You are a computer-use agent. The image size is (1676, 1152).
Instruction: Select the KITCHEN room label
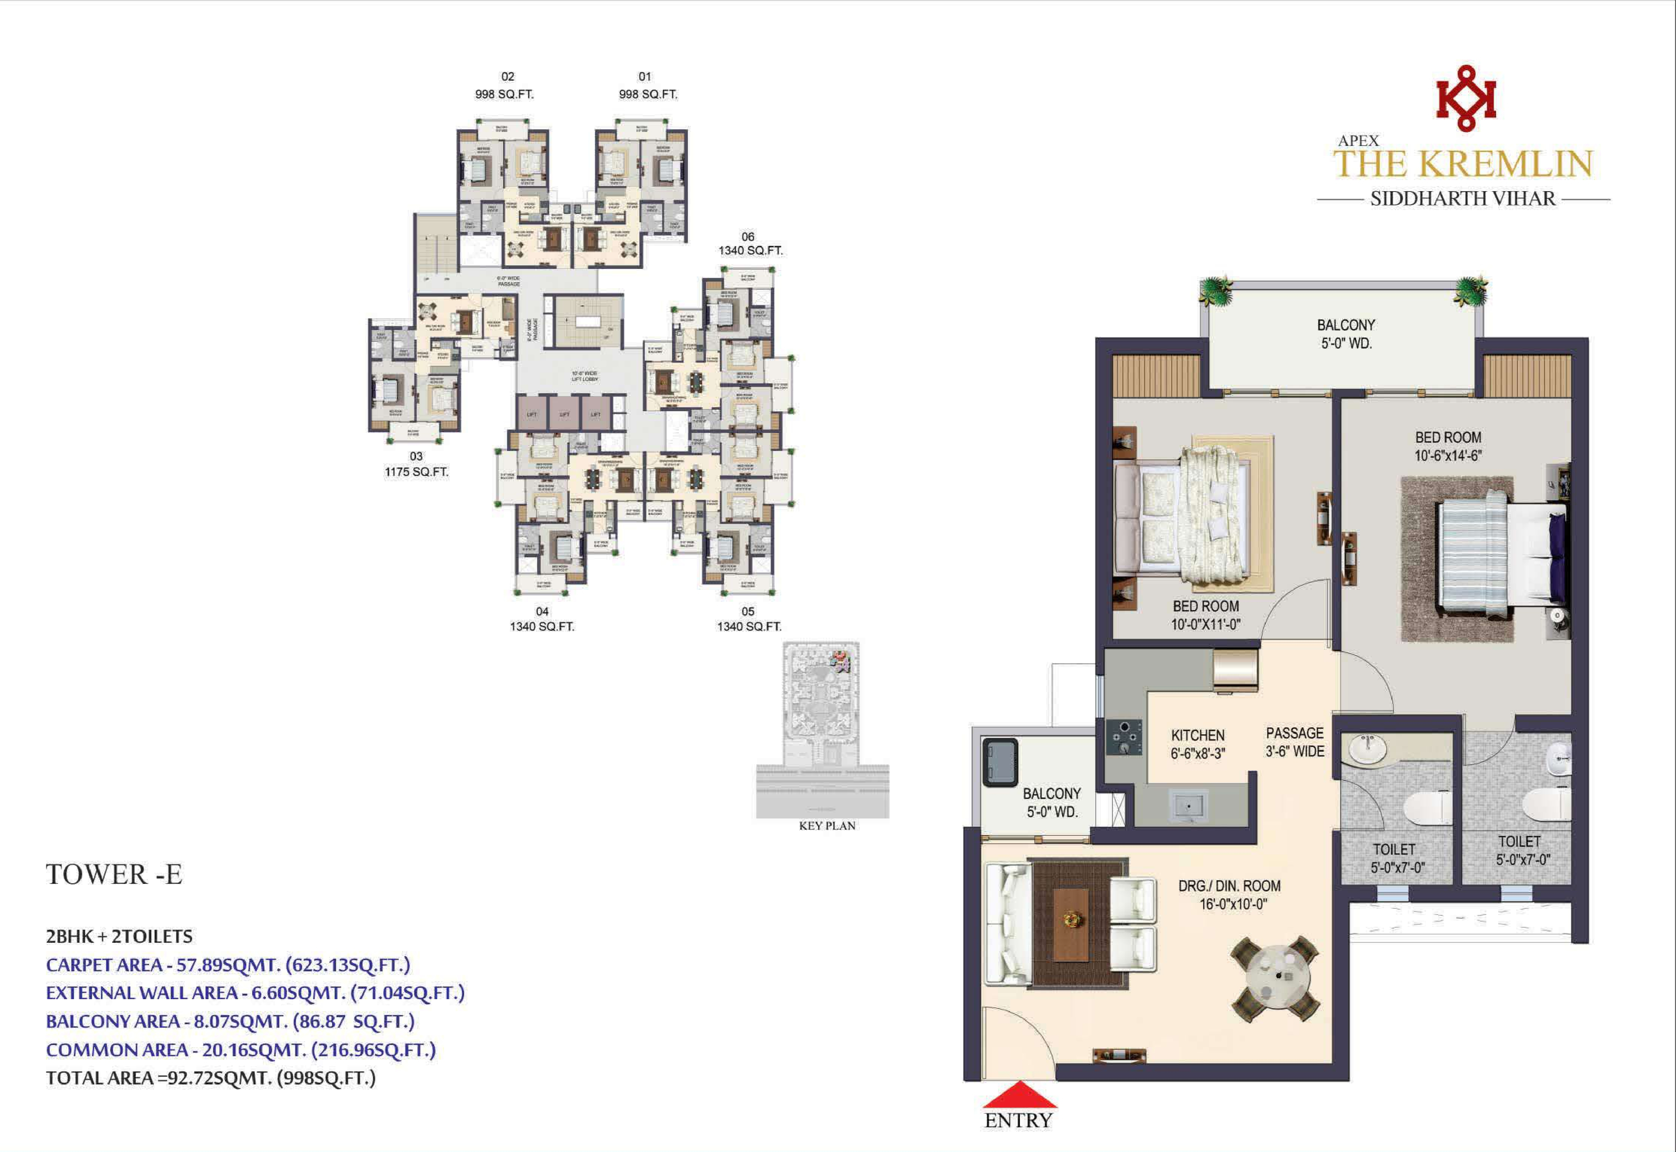tap(1197, 735)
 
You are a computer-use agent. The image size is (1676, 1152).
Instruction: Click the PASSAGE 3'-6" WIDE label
tap(1295, 742)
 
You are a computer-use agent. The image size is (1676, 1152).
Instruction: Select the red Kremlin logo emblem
tap(1465, 99)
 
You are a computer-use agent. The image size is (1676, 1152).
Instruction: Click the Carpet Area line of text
tap(227, 965)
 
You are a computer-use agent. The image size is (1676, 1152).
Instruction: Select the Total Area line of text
tap(210, 1078)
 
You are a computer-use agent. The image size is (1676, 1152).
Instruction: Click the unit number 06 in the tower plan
tap(747, 237)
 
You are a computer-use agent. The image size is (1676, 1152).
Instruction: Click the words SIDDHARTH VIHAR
tap(1463, 198)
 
